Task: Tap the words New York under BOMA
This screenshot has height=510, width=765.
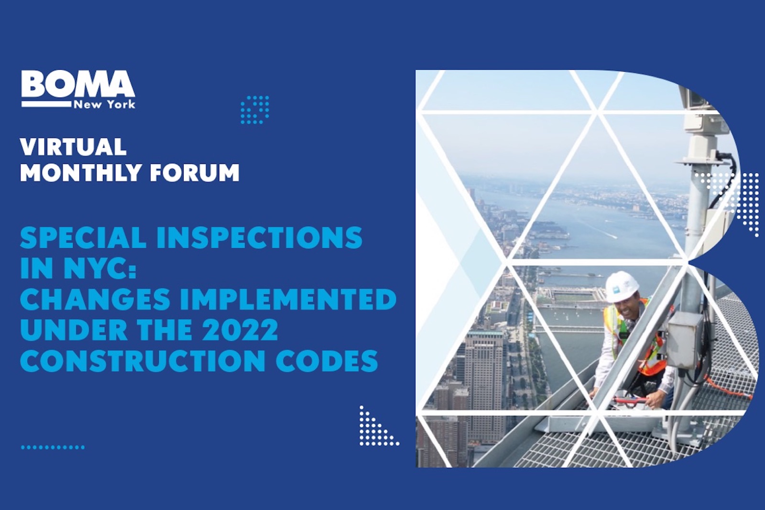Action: pos(104,104)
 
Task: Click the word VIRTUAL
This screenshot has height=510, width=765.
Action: pos(73,147)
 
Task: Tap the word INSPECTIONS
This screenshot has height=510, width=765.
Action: pos(259,237)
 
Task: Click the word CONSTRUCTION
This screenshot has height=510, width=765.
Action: pos(142,361)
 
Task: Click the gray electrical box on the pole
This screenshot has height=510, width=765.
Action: pos(685,335)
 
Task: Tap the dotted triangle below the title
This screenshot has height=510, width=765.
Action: pos(375,429)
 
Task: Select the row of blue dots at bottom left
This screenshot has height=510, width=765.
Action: pos(53,447)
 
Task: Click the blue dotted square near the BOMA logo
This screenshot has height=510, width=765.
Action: pos(254,109)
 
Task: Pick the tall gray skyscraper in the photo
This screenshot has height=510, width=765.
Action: pos(484,378)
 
